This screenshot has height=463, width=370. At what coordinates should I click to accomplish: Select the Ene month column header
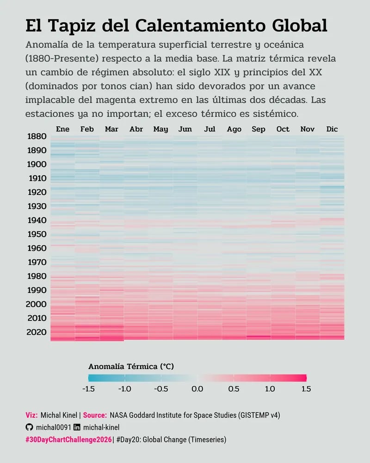[x=62, y=129]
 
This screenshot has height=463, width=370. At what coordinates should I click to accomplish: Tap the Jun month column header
[x=185, y=129]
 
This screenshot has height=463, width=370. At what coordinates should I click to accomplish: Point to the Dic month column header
[x=332, y=129]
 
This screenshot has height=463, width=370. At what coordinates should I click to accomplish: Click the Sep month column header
[x=258, y=129]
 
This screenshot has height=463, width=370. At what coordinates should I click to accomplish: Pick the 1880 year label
[x=37, y=137]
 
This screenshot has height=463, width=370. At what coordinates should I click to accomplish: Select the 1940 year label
[x=37, y=220]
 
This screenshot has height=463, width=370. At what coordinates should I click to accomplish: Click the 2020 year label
[x=37, y=332]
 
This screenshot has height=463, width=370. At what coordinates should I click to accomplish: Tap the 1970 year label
[x=37, y=263]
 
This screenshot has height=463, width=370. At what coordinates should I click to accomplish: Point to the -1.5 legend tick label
[x=88, y=389]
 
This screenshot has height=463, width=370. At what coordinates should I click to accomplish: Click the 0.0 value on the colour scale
[x=197, y=389]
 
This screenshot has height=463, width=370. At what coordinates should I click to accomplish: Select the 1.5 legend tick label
[x=306, y=389]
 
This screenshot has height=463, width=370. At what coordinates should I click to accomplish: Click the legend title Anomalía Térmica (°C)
[x=131, y=366]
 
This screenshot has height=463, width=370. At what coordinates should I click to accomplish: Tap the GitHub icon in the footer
[x=30, y=427]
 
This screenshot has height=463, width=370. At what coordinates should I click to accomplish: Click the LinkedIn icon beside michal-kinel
[x=77, y=427]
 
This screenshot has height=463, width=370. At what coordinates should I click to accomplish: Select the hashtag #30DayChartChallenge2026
[x=68, y=439]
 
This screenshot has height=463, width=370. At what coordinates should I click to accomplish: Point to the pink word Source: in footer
[x=95, y=415]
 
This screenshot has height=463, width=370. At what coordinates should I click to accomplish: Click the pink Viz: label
[x=31, y=415]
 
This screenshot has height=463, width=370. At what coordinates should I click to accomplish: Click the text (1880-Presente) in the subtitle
[x=62, y=59]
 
